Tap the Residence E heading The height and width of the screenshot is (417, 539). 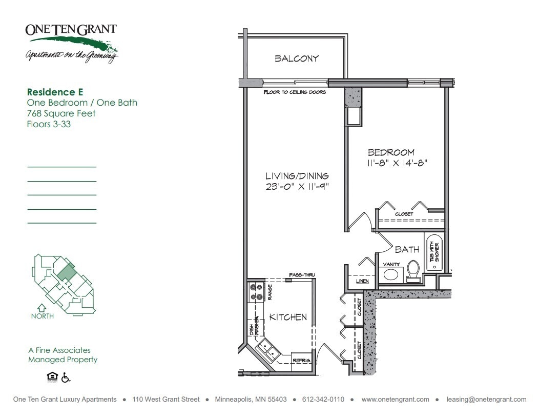55,92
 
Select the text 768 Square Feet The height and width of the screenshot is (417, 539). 61,113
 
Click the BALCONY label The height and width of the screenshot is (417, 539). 297,58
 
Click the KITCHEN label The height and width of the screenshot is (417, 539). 288,317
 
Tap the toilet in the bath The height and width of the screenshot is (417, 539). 413,271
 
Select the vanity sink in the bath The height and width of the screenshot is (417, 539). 390,274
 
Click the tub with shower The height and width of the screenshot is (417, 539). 433,252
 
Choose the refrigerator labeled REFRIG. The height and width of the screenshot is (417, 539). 302,360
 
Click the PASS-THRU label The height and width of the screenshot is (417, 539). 302,275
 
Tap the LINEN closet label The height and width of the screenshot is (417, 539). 362,282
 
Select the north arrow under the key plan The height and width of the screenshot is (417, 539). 42,308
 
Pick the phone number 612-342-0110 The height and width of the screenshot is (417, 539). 323,400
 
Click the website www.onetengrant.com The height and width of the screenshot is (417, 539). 395,400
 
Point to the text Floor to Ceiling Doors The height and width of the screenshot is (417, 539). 295,93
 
